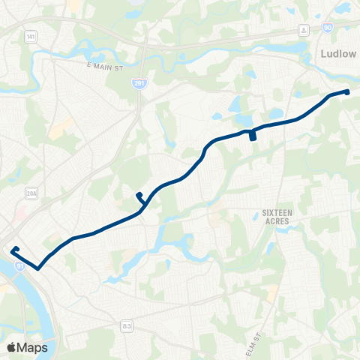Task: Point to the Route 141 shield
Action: click(29, 36)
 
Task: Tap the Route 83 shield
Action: click(127, 325)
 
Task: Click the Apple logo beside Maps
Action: click(11, 347)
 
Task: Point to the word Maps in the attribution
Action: click(32, 347)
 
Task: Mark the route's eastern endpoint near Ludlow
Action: click(347, 91)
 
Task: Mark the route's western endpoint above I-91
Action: click(13, 248)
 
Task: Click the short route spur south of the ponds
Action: click(253, 137)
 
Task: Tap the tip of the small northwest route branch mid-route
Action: click(138, 195)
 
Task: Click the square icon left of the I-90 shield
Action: click(304, 28)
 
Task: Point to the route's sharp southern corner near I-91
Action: click(37, 266)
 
